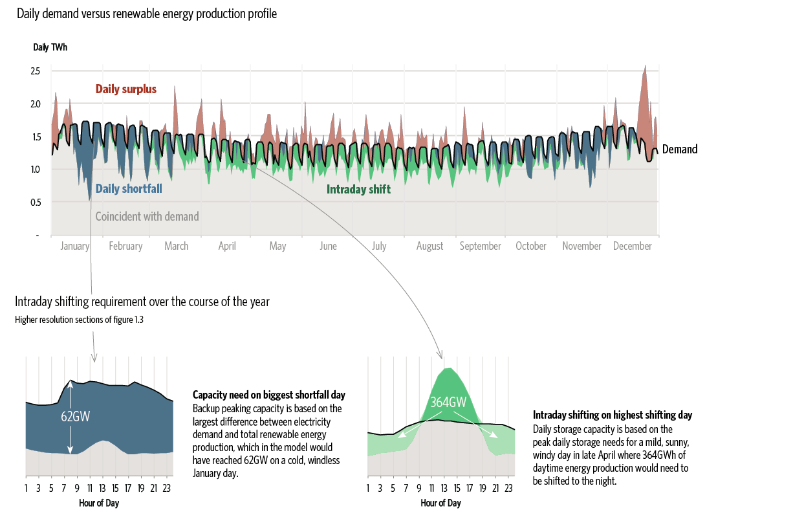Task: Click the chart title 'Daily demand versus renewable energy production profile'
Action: [x=147, y=14]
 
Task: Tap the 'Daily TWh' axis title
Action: [x=50, y=47]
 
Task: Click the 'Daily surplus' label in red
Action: [x=126, y=89]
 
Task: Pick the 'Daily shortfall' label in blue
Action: [x=129, y=189]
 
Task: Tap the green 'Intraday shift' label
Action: [x=358, y=190]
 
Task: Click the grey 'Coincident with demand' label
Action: [x=147, y=217]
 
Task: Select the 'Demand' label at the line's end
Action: [x=680, y=149]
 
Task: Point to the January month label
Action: [x=75, y=246]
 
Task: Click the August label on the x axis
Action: [x=430, y=246]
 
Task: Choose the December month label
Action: [x=633, y=246]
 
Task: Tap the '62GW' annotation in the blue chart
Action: [x=76, y=416]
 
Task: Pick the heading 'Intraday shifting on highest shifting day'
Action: [x=613, y=415]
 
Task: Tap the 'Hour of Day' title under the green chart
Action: [x=440, y=503]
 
